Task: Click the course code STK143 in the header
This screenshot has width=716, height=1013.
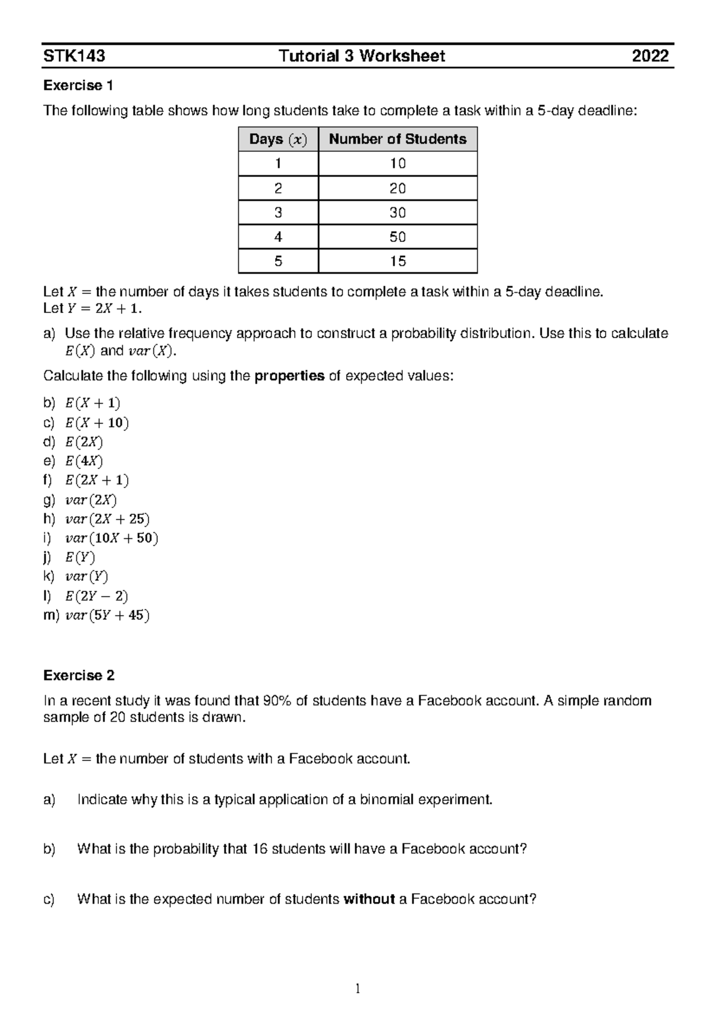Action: click(74, 56)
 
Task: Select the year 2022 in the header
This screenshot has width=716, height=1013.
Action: click(650, 56)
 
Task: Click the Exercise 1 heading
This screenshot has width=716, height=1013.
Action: click(78, 85)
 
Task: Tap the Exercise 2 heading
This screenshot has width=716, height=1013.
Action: click(79, 676)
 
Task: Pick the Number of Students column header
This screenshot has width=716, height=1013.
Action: click(397, 139)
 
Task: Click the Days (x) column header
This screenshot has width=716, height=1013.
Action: click(278, 139)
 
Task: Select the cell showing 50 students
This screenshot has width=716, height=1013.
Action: click(397, 237)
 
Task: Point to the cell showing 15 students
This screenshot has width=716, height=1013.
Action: click(397, 261)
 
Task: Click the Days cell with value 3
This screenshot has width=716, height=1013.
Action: click(278, 213)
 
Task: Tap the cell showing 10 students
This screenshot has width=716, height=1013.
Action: click(397, 164)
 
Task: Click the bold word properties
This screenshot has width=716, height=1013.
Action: click(289, 376)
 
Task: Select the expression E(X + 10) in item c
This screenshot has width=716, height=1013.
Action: click(97, 423)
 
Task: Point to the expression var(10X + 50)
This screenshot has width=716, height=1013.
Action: click(112, 538)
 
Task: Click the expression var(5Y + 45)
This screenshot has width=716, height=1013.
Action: click(107, 615)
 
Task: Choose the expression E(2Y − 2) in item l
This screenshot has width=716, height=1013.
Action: click(97, 596)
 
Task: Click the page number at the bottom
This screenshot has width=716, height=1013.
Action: click(357, 989)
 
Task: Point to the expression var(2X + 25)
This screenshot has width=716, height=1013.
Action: click(107, 519)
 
